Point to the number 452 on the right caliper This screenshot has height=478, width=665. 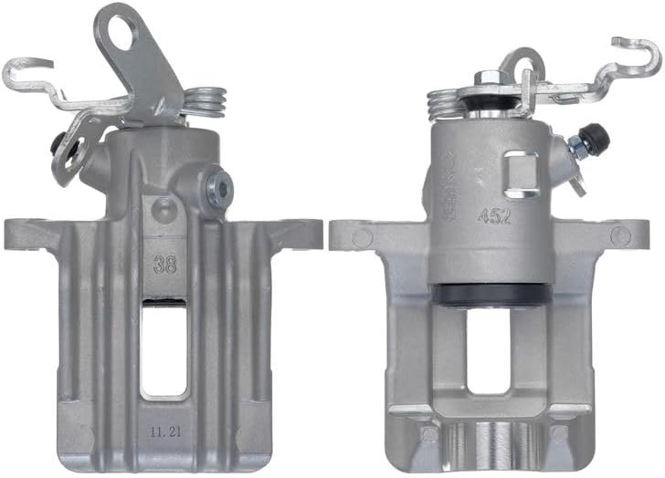pos(493,216)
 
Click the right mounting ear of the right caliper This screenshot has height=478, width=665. pos(623,234)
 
